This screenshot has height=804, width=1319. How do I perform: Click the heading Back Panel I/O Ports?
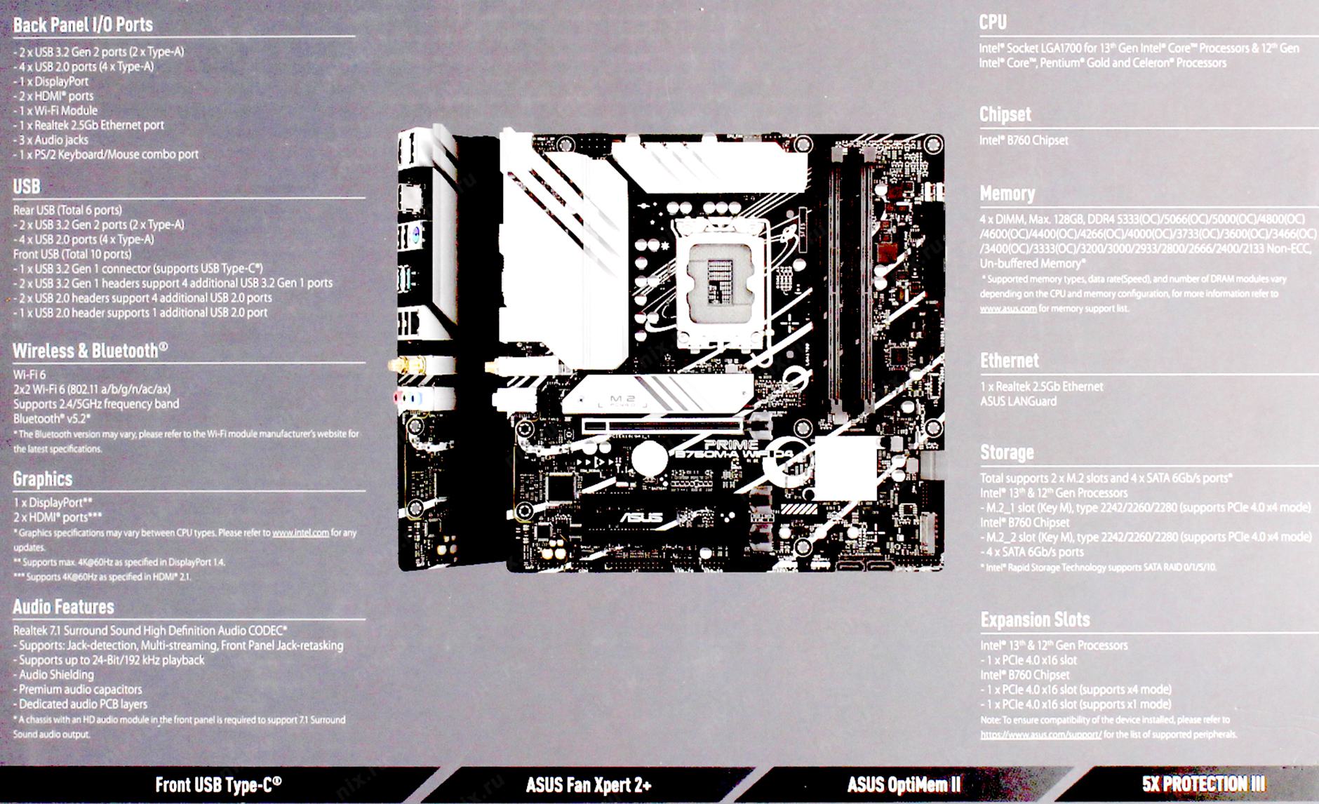click(83, 25)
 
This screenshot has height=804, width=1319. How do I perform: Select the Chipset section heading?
click(1005, 114)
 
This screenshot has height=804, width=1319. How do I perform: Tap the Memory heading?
click(1007, 194)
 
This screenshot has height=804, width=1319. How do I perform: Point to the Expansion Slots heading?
click(1035, 619)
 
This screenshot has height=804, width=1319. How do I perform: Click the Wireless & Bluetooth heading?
click(90, 351)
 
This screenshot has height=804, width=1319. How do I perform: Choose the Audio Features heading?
click(63, 607)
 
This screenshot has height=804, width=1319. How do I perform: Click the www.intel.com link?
click(300, 532)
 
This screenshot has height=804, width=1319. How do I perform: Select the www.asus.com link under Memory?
click(1008, 309)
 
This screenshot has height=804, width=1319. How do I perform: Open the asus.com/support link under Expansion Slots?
click(1041, 735)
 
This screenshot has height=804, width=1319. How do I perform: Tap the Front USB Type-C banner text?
click(218, 784)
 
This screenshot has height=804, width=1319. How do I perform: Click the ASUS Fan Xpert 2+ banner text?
click(589, 784)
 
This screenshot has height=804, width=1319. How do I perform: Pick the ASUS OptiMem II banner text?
click(904, 784)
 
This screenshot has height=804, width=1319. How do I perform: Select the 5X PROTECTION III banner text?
click(1203, 784)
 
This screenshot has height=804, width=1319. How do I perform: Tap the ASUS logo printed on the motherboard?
click(641, 518)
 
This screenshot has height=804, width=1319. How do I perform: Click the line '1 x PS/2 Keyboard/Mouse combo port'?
click(106, 154)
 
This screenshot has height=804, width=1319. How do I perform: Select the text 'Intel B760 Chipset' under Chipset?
click(1024, 140)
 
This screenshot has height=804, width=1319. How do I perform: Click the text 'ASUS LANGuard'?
click(1018, 401)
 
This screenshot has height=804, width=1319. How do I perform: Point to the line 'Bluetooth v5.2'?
click(52, 419)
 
